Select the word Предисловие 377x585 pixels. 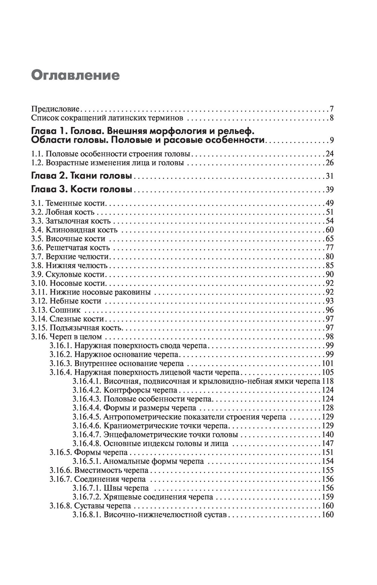[x=55, y=109]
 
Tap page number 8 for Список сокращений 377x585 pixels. [x=331, y=118]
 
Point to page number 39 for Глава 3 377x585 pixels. [x=329, y=189]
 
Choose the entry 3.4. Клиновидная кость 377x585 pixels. [x=74, y=230]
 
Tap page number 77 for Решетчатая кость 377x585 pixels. [x=329, y=248]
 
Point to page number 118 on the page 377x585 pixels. [x=328, y=381]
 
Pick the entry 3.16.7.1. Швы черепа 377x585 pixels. [x=109, y=488]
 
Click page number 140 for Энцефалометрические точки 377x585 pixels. [x=328, y=435]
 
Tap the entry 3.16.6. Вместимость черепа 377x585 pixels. [x=99, y=470]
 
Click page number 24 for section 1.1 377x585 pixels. [x=329, y=154]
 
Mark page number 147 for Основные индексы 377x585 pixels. [x=328, y=443]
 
